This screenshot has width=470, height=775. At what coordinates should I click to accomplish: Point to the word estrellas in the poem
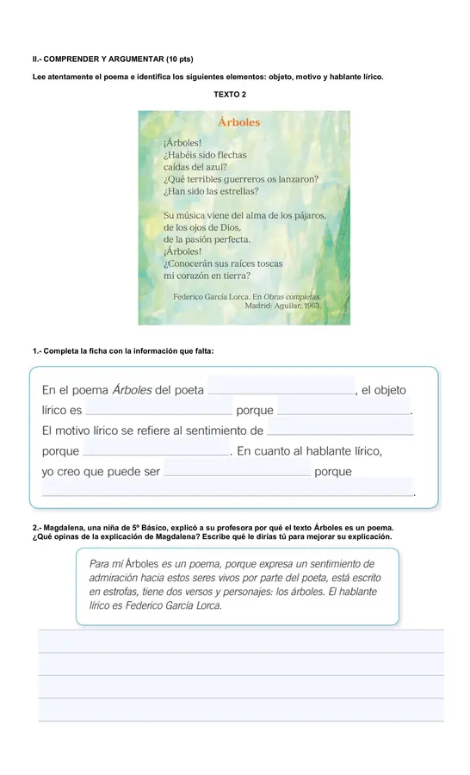pyautogui.click(x=238, y=191)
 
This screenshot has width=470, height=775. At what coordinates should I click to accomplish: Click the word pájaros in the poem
pyautogui.click(x=306, y=215)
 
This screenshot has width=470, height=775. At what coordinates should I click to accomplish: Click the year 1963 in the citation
pyautogui.click(x=310, y=305)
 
